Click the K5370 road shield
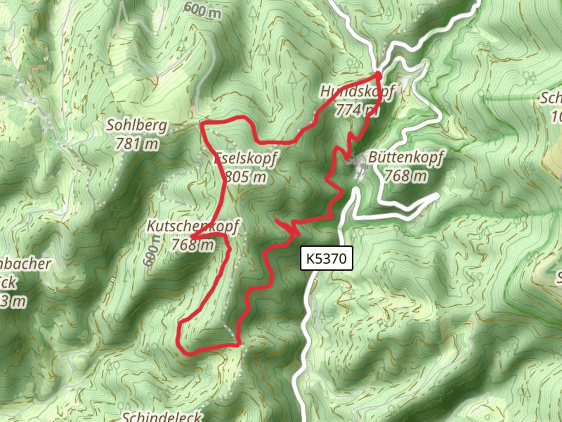[326, 258]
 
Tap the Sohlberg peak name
[137, 125]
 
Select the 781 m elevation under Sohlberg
[137, 144]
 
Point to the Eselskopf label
[246, 159]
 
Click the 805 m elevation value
[246, 177]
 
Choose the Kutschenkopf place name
[193, 226]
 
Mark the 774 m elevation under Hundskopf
[356, 110]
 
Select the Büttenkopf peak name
[406, 157]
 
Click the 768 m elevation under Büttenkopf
[406, 175]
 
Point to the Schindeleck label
[162, 416]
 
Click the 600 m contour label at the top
[203, 11]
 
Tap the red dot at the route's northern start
[378, 75]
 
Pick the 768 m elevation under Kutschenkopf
[193, 245]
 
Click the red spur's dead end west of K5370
[276, 220]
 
